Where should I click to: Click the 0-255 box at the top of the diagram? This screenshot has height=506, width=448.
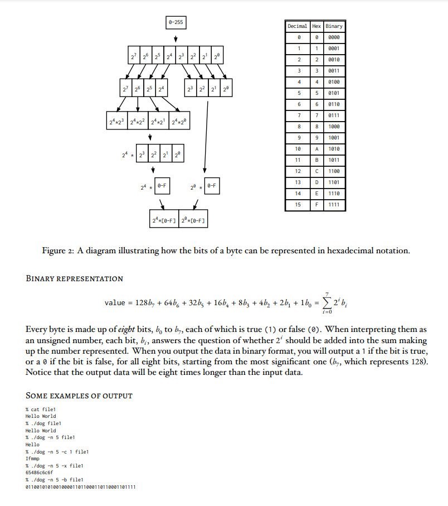pos(176,22)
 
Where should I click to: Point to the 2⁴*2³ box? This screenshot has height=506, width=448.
pos(117,121)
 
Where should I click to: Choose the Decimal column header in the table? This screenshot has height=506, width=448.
pos(298,26)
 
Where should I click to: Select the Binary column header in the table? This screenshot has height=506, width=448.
pos(334,26)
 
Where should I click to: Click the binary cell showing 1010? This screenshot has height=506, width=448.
pos(334,149)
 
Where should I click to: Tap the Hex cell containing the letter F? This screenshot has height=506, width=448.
pos(316,205)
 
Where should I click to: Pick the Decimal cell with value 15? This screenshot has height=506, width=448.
pos(298,205)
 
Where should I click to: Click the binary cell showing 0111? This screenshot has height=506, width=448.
pos(334,115)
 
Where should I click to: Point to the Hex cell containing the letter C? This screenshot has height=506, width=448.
pos(316,171)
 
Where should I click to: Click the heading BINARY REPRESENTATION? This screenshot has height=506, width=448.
pos(75,278)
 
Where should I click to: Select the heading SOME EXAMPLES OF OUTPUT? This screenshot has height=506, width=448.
pos(79,396)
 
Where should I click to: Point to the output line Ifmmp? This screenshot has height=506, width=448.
pos(33,458)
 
